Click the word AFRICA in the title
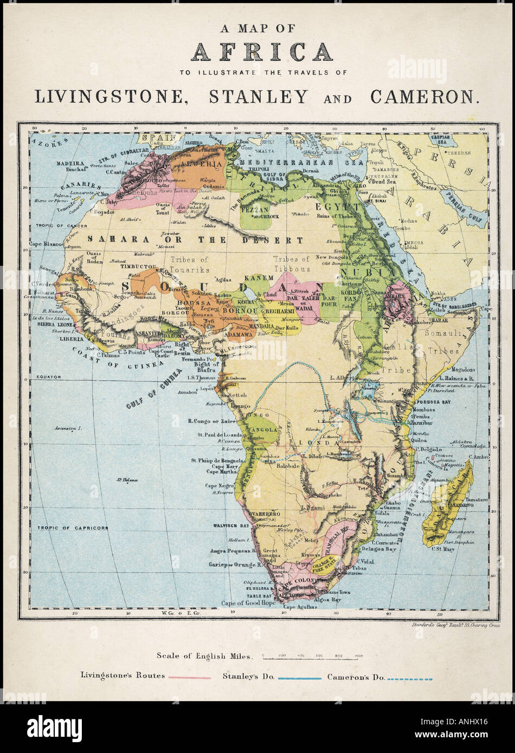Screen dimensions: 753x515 pos(261,52)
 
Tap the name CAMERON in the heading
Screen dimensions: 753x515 pos(425,96)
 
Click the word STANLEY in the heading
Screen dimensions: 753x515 pos(258,96)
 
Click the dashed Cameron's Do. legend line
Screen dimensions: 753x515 pos(410,678)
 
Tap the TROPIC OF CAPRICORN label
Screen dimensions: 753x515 pos(73,528)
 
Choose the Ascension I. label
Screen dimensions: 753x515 pos(68,428)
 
